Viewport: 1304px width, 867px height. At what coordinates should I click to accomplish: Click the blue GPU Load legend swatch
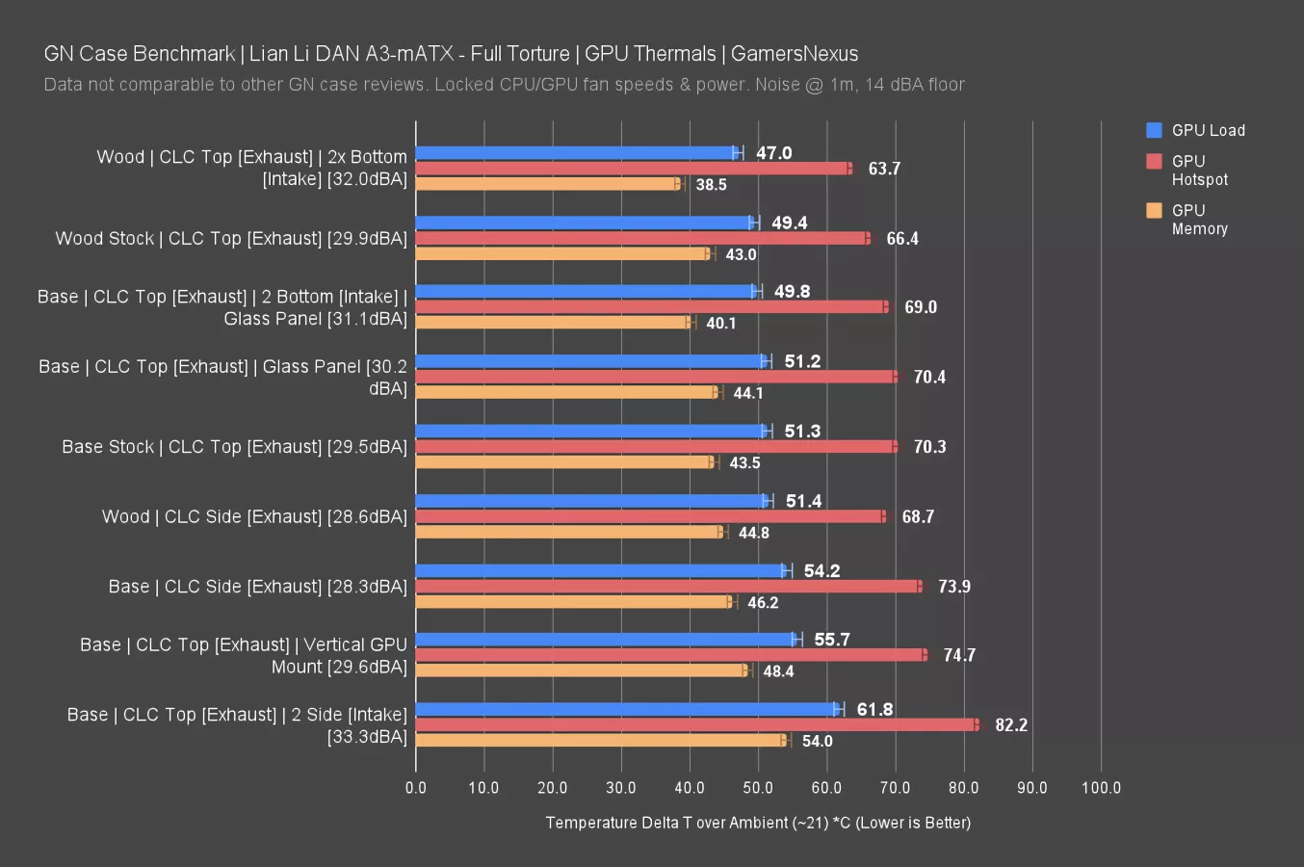click(1154, 130)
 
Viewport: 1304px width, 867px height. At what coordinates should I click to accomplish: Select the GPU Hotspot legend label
click(1199, 171)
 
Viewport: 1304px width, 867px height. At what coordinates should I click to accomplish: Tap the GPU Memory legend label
click(1199, 220)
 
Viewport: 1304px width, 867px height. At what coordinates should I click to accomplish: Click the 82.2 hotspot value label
click(1010, 725)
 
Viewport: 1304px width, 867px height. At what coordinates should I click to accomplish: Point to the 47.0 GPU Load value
click(773, 153)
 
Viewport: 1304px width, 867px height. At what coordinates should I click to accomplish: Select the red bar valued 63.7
click(633, 169)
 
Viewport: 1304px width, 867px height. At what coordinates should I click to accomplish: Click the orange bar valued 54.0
click(601, 741)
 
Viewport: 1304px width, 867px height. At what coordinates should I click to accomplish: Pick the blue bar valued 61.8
click(627, 710)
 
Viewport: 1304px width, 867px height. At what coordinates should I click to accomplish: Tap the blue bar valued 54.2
click(601, 571)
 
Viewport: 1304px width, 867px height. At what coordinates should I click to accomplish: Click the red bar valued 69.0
click(651, 307)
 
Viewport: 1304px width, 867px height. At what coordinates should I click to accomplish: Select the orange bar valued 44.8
click(568, 533)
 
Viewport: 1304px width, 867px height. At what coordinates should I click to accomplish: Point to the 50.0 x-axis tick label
click(758, 788)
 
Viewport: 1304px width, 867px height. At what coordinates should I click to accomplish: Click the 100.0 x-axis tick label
click(1101, 788)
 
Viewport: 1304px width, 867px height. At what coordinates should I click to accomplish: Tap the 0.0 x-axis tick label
click(416, 788)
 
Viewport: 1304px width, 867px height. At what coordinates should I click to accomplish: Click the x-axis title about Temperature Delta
click(758, 823)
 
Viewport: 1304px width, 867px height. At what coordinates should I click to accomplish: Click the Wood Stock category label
click(231, 239)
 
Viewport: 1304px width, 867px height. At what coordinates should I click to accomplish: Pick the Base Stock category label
click(234, 447)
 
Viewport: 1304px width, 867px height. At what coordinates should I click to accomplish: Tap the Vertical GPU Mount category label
click(244, 655)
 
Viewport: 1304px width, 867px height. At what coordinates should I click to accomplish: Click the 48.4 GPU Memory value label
click(778, 671)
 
